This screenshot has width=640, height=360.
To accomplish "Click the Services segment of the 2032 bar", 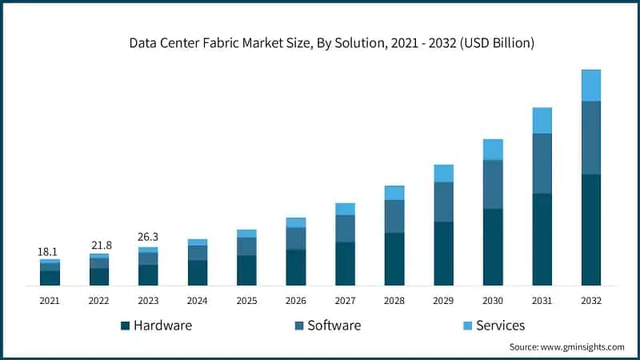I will tap(590, 85).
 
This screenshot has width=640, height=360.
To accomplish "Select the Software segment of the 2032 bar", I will tap(590, 137).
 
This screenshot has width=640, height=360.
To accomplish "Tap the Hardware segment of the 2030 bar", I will tap(493, 246).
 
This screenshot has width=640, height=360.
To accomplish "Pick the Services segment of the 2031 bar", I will tap(542, 120).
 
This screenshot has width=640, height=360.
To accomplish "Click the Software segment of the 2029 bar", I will tap(443, 202).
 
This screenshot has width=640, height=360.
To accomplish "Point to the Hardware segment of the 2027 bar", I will tap(345, 263).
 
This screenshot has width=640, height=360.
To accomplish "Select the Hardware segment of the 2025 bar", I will tap(246, 270).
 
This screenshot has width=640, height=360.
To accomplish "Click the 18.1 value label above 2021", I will tap(49, 252).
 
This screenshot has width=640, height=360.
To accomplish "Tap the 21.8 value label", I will tap(98, 244).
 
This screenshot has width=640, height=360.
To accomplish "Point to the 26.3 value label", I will tap(148, 237).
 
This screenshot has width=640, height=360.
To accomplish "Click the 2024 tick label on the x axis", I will tap(197, 300).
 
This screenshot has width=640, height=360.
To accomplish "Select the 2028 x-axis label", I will tap(394, 300).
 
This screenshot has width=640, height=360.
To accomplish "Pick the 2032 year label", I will tap(591, 300).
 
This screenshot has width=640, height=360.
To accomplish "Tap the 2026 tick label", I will tap(296, 300).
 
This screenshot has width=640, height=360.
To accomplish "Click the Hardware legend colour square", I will tap(125, 326).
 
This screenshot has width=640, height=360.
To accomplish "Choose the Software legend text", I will tap(334, 326).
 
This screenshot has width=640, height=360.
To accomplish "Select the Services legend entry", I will tap(500, 326).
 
